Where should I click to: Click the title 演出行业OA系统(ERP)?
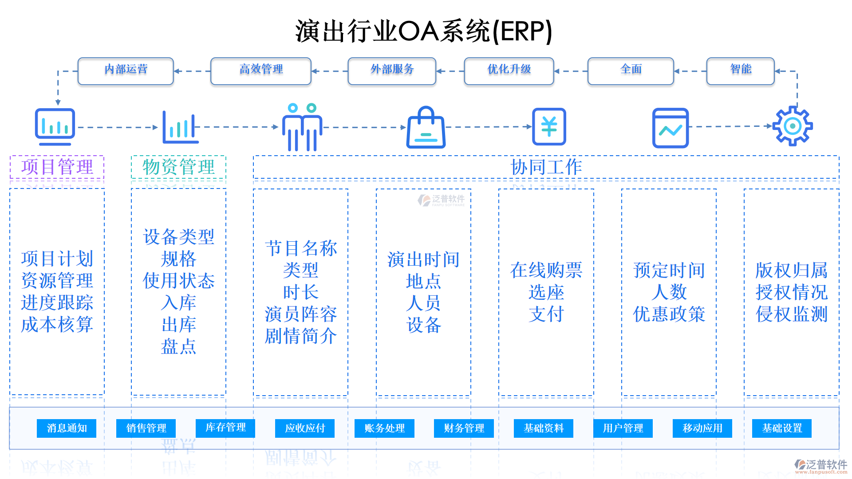coord(424,31)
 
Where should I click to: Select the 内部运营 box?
coord(126,71)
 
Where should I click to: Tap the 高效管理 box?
coord(261,71)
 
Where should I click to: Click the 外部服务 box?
coord(392,71)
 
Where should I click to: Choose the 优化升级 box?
coord(509,71)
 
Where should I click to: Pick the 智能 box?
coord(740,71)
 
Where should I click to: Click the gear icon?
coord(793,126)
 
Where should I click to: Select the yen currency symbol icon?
coord(549,127)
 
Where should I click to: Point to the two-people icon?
coord(302,128)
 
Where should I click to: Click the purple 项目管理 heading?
coord(57,167)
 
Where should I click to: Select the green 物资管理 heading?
coord(178,167)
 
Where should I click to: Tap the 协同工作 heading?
coord(546,167)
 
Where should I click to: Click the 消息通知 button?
coord(67,428)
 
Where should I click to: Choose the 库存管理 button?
coord(225,428)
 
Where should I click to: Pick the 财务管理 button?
coord(464,428)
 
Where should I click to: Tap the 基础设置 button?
coord(782,428)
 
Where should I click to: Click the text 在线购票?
coord(546,270)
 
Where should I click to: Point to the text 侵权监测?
coord(792,314)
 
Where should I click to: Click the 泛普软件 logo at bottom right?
coord(821,465)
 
